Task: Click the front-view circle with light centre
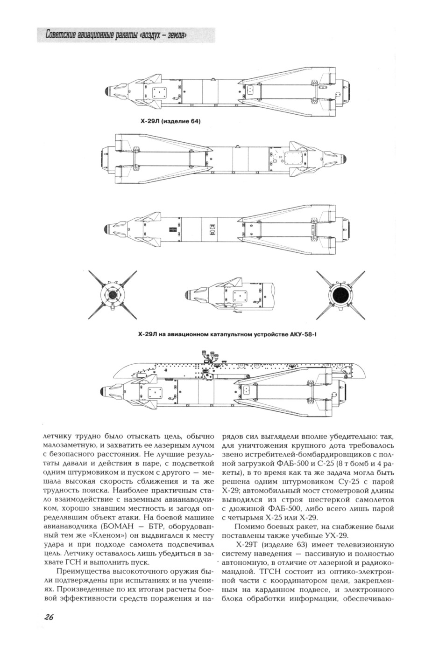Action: pyautogui.click(x=112, y=295)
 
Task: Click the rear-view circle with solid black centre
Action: pyautogui.click(x=340, y=295)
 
